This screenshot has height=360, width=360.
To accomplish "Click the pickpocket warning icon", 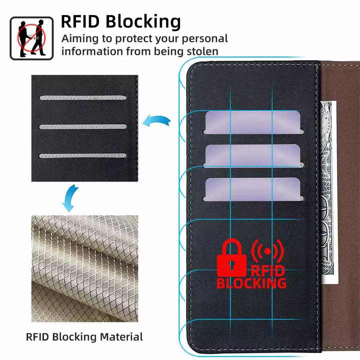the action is (x=31, y=37).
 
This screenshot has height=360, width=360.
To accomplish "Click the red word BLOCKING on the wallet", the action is (x=251, y=283).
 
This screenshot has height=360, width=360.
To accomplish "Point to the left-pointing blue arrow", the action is (x=156, y=121).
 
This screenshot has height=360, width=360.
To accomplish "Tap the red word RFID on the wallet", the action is (x=267, y=271).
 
